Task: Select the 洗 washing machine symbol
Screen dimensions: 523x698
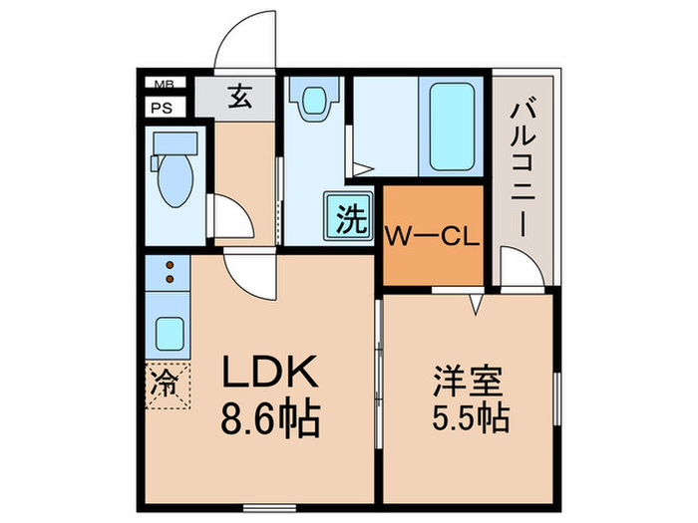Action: pos(348,217)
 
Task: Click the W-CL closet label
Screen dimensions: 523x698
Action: pos(434,236)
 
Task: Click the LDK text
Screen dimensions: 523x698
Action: pos(268,375)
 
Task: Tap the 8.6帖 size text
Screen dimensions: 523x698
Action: pos(269,419)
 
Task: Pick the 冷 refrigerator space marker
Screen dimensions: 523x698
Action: pos(166,385)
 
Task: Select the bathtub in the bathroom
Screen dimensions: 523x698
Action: pos(453,125)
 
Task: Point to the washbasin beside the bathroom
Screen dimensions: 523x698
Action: pos(314,100)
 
